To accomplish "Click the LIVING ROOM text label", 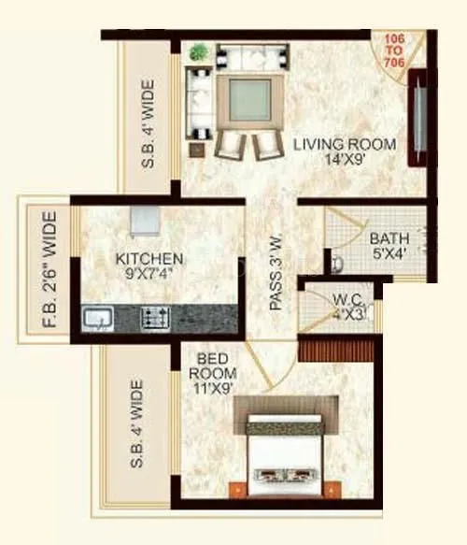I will pyautogui.click(x=345, y=145).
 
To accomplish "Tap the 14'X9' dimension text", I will pyautogui.click(x=345, y=161).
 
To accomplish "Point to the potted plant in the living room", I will pyautogui.click(x=198, y=53).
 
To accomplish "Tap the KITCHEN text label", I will pyautogui.click(x=149, y=258).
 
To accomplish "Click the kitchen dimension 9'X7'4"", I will pyautogui.click(x=149, y=274).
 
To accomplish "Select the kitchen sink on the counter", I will pyautogui.click(x=97, y=319).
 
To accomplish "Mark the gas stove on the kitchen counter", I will pyautogui.click(x=155, y=318).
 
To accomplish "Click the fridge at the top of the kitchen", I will pyautogui.click(x=145, y=221).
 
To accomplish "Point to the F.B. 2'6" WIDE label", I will pyautogui.click(x=50, y=272).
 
